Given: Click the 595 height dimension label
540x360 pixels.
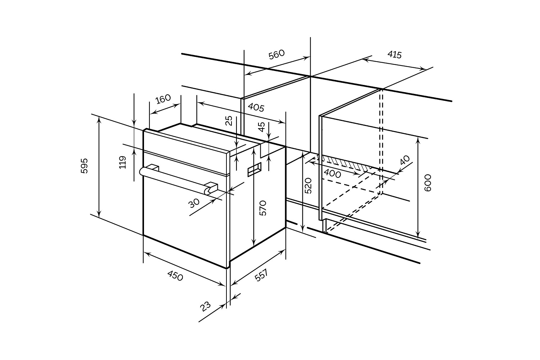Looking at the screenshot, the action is tap(84, 166).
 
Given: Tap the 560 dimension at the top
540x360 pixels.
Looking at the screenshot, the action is tap(276, 54).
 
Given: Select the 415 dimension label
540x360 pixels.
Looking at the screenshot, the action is tap(395, 55).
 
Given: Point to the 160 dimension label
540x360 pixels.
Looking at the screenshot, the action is tap(163, 99).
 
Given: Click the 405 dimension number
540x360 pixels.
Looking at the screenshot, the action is tap(256, 107).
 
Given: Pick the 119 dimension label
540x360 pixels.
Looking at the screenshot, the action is tap(123, 162).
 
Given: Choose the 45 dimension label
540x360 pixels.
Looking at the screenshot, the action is tap(262, 127).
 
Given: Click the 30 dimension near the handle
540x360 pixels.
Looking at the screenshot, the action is tap(194, 203).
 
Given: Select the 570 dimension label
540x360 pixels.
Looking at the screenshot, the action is tap(263, 208).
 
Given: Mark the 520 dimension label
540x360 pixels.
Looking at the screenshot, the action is tap(308, 186).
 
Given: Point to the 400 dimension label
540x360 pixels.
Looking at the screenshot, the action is tap(332, 174).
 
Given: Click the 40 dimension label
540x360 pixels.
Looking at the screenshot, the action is tap(405, 160).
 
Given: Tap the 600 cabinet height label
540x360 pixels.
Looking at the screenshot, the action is tap(428, 183).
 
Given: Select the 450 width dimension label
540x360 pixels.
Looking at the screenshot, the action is tap(175, 276).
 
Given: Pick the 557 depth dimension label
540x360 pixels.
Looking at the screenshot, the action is tap(261, 275).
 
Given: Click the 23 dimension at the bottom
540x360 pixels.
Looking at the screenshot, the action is tap(206, 307).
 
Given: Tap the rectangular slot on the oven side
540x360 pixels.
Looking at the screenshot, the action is tap(255, 170).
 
